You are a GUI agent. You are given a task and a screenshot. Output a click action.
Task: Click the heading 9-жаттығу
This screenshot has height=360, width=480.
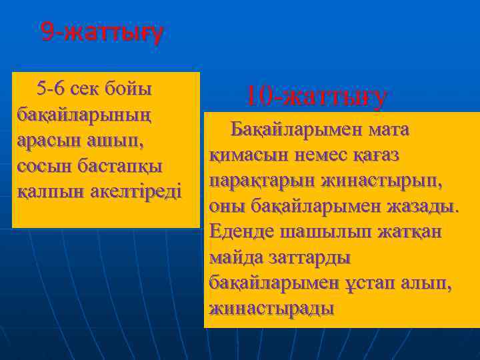101,31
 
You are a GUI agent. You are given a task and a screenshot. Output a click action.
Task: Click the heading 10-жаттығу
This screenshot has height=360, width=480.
316,97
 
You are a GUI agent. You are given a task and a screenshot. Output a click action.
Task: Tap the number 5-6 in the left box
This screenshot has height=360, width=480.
51,88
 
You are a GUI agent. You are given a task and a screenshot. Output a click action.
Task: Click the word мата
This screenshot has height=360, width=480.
385,129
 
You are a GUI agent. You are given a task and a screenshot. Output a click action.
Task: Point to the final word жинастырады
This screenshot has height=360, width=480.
271,308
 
